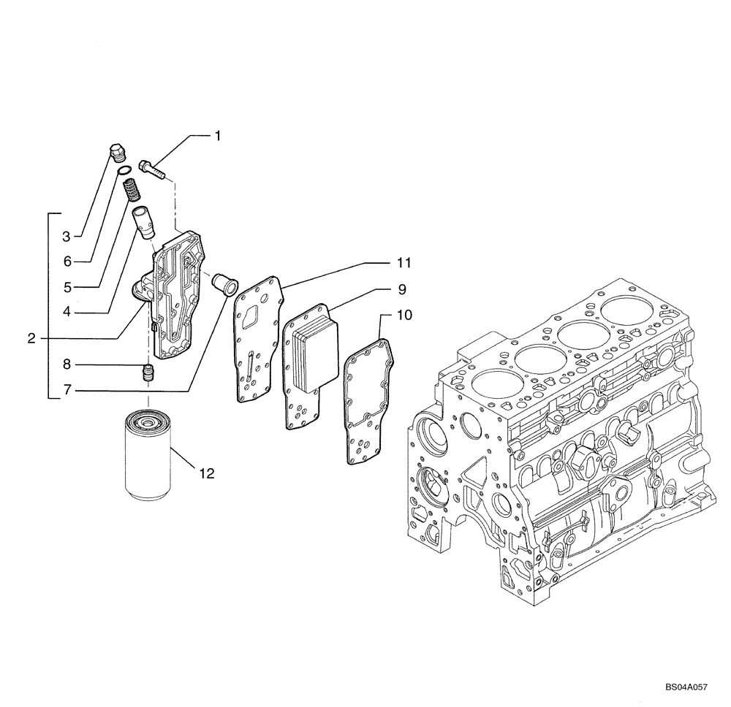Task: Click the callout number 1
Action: [217, 135]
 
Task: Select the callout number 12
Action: [206, 474]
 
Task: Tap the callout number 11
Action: [404, 261]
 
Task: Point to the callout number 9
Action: [401, 289]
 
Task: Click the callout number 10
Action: [404, 316]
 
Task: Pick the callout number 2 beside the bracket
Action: [31, 338]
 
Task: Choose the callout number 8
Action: [66, 363]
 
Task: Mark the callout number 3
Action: [66, 236]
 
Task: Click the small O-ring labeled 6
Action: [124, 172]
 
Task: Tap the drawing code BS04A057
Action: [686, 688]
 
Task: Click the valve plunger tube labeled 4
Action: [143, 221]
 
